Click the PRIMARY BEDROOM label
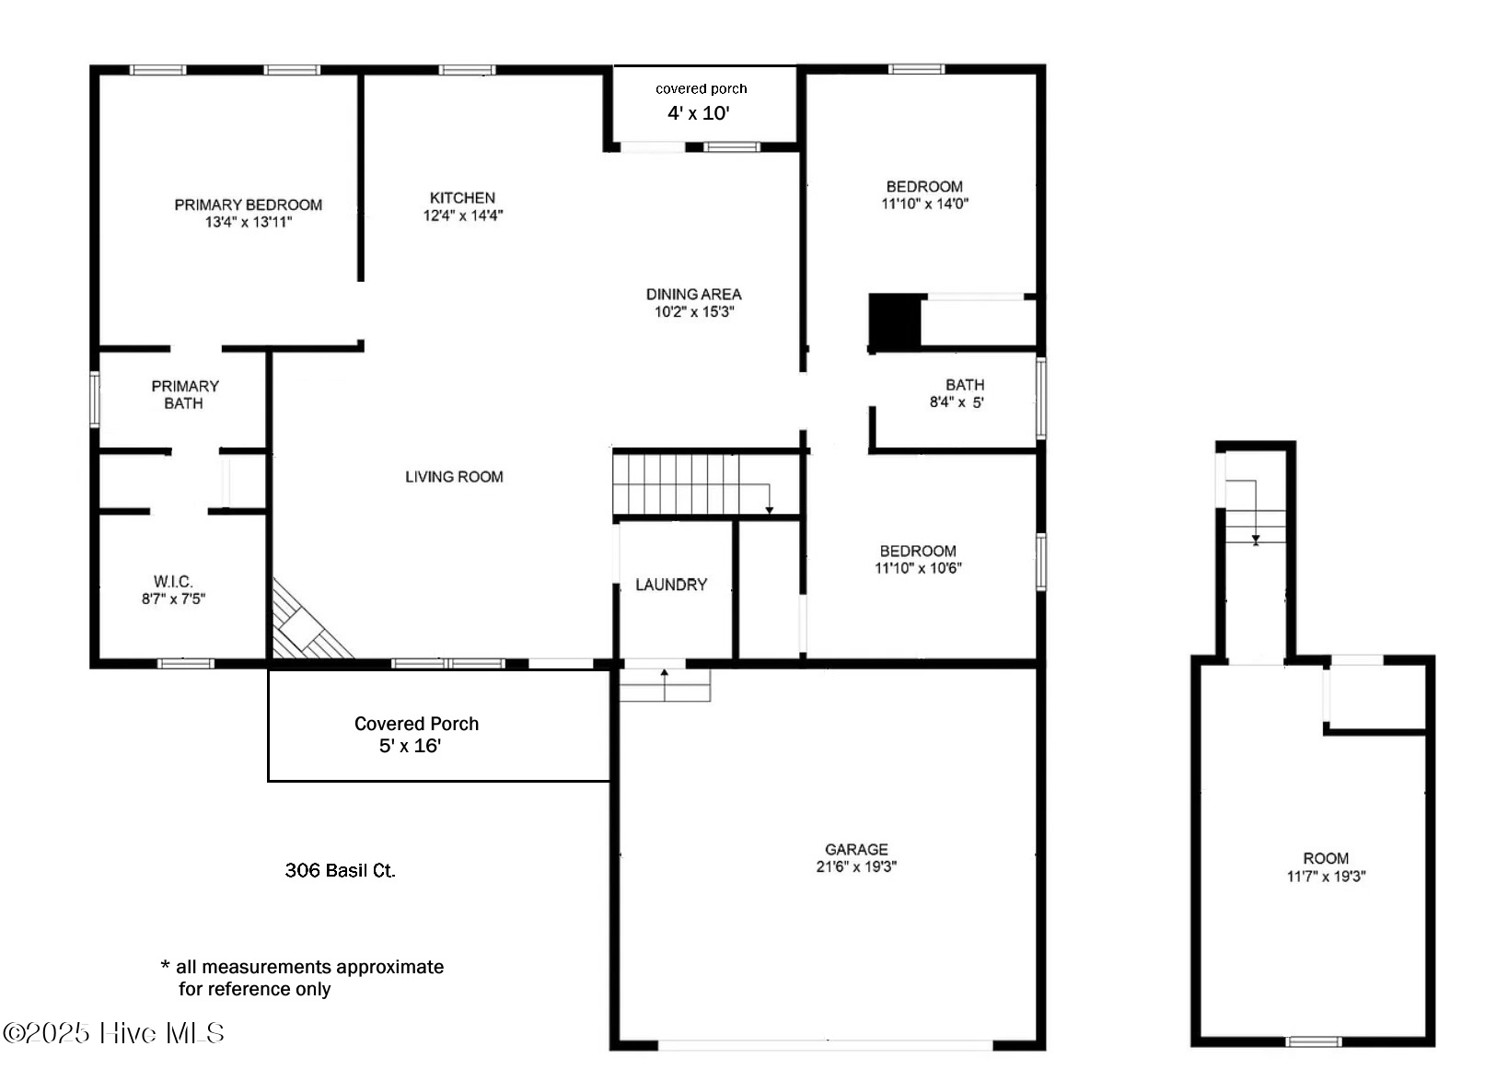(248, 204)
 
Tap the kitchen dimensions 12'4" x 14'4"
(462, 215)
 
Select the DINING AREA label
(693, 294)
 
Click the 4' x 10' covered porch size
(698, 113)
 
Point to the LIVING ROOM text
(454, 477)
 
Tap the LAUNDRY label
(671, 585)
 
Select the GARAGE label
(856, 849)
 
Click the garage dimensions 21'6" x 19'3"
(856, 866)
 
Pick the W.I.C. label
(173, 581)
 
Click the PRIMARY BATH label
(184, 394)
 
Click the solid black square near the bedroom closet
(895, 321)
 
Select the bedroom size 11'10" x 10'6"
(918, 568)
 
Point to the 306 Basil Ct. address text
(340, 870)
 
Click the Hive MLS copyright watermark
(113, 1033)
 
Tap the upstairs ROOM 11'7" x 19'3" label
(1326, 866)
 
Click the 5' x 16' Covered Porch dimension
(410, 746)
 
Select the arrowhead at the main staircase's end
(770, 509)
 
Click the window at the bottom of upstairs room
(1314, 1041)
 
